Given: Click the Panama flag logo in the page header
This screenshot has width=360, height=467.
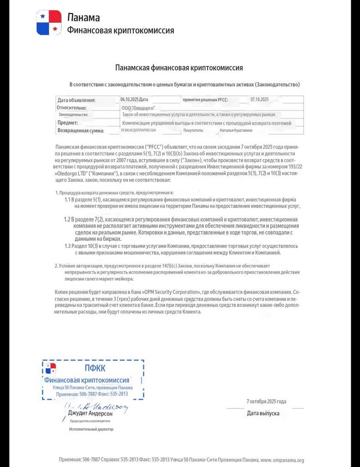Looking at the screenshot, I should [49, 22].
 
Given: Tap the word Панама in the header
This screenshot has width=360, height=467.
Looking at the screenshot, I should [83, 18].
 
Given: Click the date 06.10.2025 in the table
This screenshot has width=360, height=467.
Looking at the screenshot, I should [129, 99].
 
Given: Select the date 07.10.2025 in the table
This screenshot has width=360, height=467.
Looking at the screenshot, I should [260, 99].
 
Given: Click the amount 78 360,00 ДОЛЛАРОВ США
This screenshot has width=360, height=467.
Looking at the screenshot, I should [138, 130].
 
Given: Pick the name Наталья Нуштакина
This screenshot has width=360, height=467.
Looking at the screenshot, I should [236, 130].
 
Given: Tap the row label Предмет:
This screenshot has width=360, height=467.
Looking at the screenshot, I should [67, 123].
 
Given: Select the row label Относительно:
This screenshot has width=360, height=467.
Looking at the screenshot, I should [72, 108].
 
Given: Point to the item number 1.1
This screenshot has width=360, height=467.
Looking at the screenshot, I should [68, 200].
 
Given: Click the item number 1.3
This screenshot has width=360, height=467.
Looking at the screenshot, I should [68, 246].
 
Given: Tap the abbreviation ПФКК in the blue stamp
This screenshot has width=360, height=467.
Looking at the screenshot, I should [95, 368].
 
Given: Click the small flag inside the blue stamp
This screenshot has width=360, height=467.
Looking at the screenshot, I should [51, 368].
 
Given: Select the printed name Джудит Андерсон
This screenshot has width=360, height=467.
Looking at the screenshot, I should [90, 414].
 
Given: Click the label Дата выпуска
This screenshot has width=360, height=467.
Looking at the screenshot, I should [263, 413].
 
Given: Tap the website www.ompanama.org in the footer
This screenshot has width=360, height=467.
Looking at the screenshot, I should [282, 460].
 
